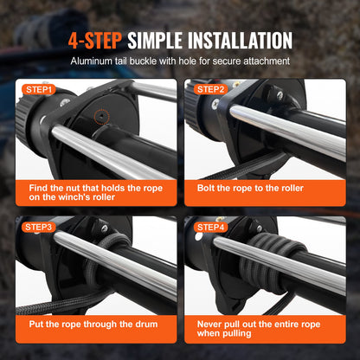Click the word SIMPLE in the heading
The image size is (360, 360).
[x=154, y=41]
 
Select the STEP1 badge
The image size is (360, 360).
[x=39, y=89]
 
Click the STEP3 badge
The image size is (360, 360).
[x=39, y=228]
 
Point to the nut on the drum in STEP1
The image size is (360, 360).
[x=100, y=116]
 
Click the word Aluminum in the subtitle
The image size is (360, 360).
[x=97, y=63]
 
